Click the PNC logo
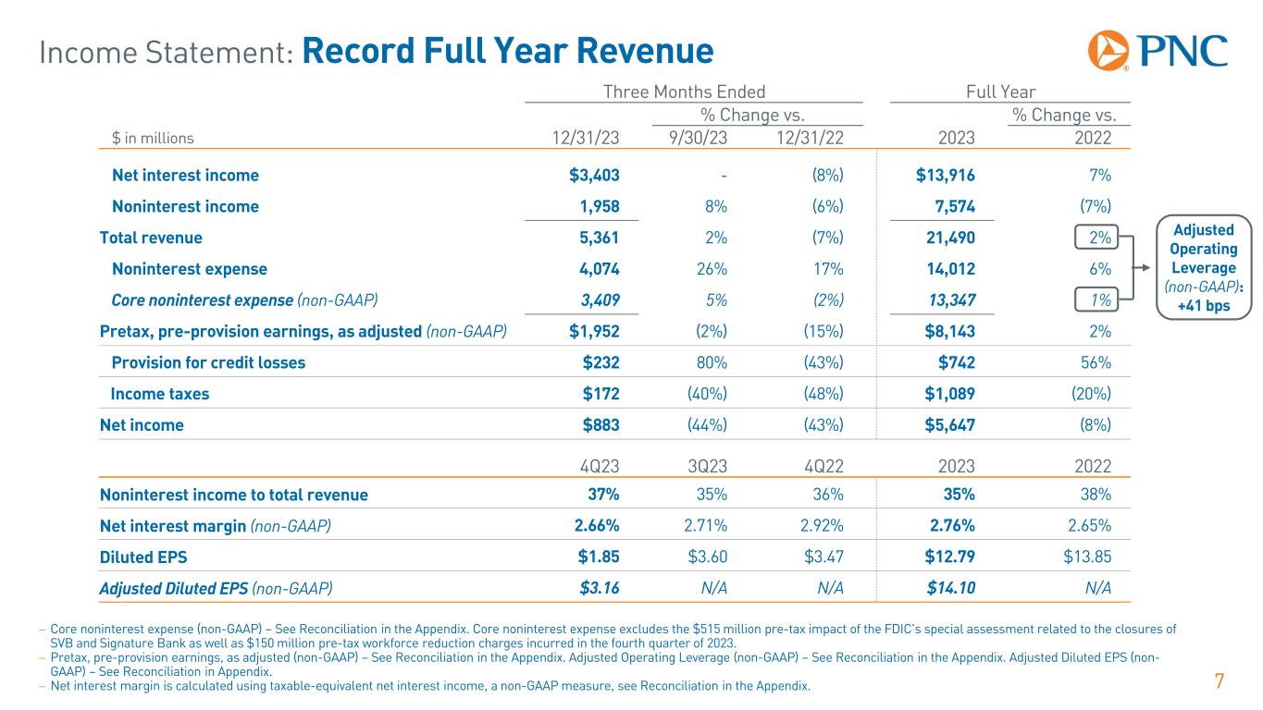(x=1158, y=50)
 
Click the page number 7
(x=1219, y=683)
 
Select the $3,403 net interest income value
(x=594, y=176)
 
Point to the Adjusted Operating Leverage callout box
(x=1207, y=267)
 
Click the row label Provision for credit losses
(x=208, y=362)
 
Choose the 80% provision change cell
(x=712, y=362)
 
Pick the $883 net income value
(x=600, y=425)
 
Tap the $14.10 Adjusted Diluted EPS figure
(x=947, y=589)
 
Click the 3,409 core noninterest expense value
(x=596, y=300)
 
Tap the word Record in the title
(x=362, y=51)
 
